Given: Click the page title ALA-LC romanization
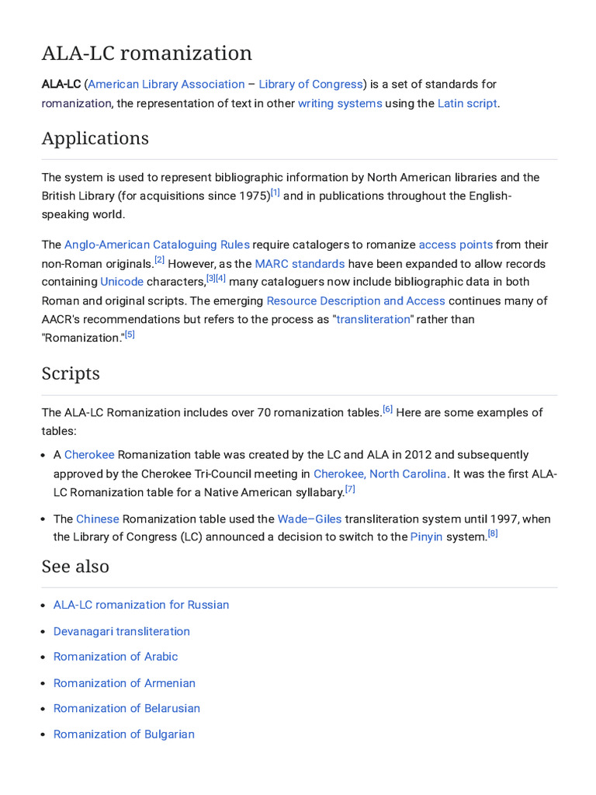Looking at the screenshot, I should pyautogui.click(x=147, y=53).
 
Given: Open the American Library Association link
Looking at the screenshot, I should pyautogui.click(x=166, y=84).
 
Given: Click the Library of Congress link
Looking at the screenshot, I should pyautogui.click(x=310, y=84).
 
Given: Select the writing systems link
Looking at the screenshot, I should pyautogui.click(x=340, y=103).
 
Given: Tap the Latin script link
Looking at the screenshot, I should pyautogui.click(x=466, y=103).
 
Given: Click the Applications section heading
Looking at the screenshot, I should pyautogui.click(x=95, y=138).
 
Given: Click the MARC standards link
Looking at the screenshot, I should pyautogui.click(x=300, y=264).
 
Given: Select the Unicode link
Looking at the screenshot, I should pyautogui.click(x=121, y=282).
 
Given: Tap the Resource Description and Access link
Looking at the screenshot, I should pyautogui.click(x=355, y=300).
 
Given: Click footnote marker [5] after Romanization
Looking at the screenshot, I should pyautogui.click(x=130, y=335).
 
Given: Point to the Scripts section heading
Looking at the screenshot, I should pyautogui.click(x=71, y=373).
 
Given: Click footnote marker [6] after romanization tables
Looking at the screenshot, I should pyautogui.click(x=387, y=409).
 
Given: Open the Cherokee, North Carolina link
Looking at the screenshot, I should pyautogui.click(x=379, y=474).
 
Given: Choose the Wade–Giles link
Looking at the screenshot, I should pyautogui.click(x=310, y=519).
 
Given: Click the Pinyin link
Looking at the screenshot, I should pyautogui.click(x=426, y=537).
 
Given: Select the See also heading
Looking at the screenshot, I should pyautogui.click(x=75, y=566).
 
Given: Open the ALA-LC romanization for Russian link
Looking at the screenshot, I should pyautogui.click(x=141, y=605).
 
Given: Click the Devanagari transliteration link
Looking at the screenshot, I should pyautogui.click(x=121, y=631).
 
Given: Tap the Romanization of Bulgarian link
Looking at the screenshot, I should pyautogui.click(x=123, y=734).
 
